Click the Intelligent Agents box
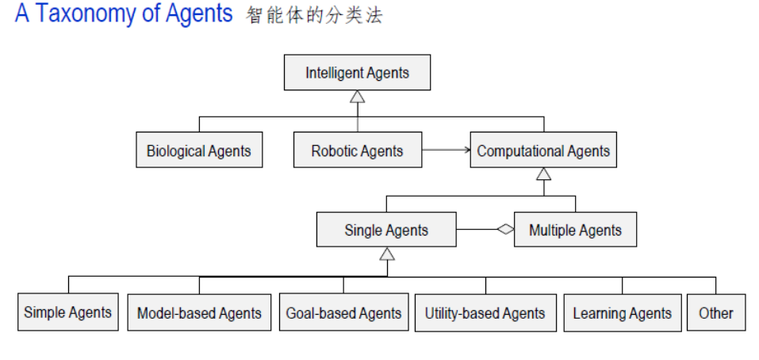click(357, 73)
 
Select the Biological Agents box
click(198, 151)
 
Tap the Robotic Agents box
click(357, 151)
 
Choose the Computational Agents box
click(543, 151)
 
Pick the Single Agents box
click(386, 231)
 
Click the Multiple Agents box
click(575, 231)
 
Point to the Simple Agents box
click(68, 312)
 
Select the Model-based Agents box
click(199, 313)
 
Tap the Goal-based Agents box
click(343, 313)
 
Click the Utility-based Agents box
click(485, 313)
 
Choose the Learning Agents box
click(622, 313)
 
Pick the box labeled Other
click(715, 313)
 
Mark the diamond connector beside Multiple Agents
click(504, 230)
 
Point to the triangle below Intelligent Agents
click(358, 97)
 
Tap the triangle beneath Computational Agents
click(543, 174)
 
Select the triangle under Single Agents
click(387, 254)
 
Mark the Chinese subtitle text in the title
click(314, 16)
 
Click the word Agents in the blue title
click(198, 14)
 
